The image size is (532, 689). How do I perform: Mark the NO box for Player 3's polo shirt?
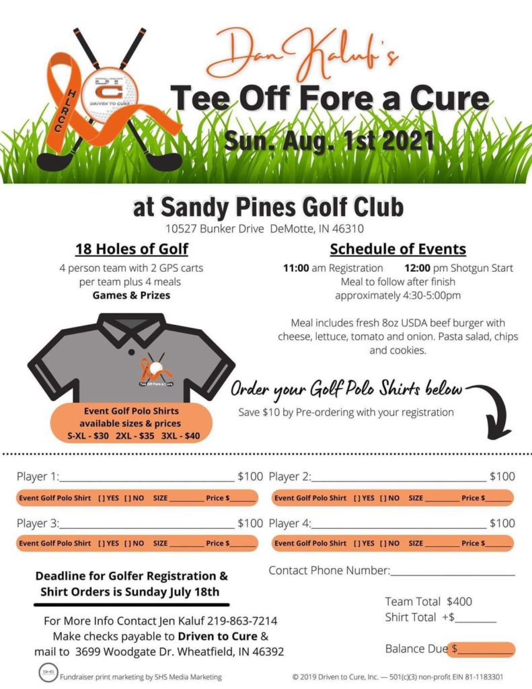click(x=134, y=543)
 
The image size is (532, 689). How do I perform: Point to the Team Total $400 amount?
click(x=459, y=602)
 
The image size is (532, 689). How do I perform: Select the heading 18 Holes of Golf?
click(x=132, y=249)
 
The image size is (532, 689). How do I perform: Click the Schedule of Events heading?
click(x=397, y=249)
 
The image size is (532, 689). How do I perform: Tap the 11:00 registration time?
click(x=295, y=268)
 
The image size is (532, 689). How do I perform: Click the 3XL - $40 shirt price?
click(x=184, y=435)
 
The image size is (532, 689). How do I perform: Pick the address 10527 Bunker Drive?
click(x=215, y=229)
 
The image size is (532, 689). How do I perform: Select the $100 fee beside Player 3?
click(x=250, y=523)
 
